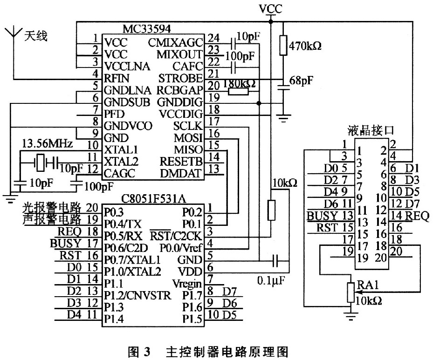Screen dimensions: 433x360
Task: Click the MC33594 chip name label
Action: [147, 29]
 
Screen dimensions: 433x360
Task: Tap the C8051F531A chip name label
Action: [153, 198]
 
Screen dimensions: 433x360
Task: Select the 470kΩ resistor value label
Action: [305, 46]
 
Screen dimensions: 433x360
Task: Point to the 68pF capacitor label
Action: [301, 81]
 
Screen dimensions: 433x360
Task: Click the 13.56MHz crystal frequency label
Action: [47, 143]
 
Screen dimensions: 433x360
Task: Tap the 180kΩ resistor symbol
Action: [238, 92]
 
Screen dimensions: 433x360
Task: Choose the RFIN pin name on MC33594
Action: [117, 78]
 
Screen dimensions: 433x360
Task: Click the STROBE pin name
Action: [180, 78]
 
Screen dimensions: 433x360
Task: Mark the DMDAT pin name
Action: [181, 173]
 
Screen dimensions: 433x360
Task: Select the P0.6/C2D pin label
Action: [126, 248]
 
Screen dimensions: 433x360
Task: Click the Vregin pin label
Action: [187, 283]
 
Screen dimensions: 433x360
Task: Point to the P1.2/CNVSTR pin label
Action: [137, 295]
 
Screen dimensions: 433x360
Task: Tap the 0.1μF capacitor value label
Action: [271, 280]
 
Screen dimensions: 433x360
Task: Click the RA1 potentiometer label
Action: [368, 285]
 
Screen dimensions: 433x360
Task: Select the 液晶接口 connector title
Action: [371, 130]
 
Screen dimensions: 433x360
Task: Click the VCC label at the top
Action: [271, 9]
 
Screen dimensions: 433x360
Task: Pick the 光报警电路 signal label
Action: [52, 207]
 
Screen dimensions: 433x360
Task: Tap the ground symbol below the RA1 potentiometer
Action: [351, 316]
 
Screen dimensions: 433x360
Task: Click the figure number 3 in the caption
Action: [147, 352]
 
